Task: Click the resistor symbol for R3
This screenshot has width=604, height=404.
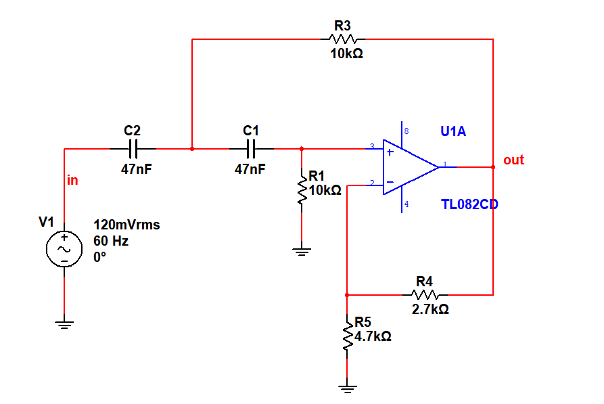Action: pyautogui.click(x=342, y=39)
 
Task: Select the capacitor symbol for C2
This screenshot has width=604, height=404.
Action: pyautogui.click(x=133, y=149)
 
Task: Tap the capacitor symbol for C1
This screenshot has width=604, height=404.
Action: pyautogui.click(x=251, y=149)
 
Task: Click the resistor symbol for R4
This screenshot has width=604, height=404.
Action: pyautogui.click(x=425, y=295)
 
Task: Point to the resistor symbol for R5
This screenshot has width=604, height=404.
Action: pyautogui.click(x=347, y=336)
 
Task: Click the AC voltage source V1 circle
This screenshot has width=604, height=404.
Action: pyautogui.click(x=64, y=249)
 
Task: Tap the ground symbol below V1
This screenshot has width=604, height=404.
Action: pyautogui.click(x=64, y=324)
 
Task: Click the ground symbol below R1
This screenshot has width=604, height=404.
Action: pyautogui.click(x=302, y=252)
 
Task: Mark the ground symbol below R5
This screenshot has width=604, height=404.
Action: pyautogui.click(x=347, y=388)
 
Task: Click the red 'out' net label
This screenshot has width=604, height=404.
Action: pyautogui.click(x=513, y=160)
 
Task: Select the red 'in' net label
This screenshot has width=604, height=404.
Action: pyautogui.click(x=72, y=180)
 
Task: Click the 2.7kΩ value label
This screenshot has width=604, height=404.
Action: pyautogui.click(x=430, y=309)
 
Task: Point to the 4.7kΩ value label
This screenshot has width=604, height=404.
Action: pyautogui.click(x=373, y=336)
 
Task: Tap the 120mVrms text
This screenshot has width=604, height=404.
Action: pyautogui.click(x=126, y=225)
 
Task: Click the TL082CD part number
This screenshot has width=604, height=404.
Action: pyautogui.click(x=469, y=204)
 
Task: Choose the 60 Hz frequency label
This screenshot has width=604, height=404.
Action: pyautogui.click(x=111, y=241)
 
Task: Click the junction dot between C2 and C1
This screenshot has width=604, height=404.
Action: pyautogui.click(x=192, y=149)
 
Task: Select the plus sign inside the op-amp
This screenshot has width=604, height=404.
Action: pyautogui.click(x=390, y=152)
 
